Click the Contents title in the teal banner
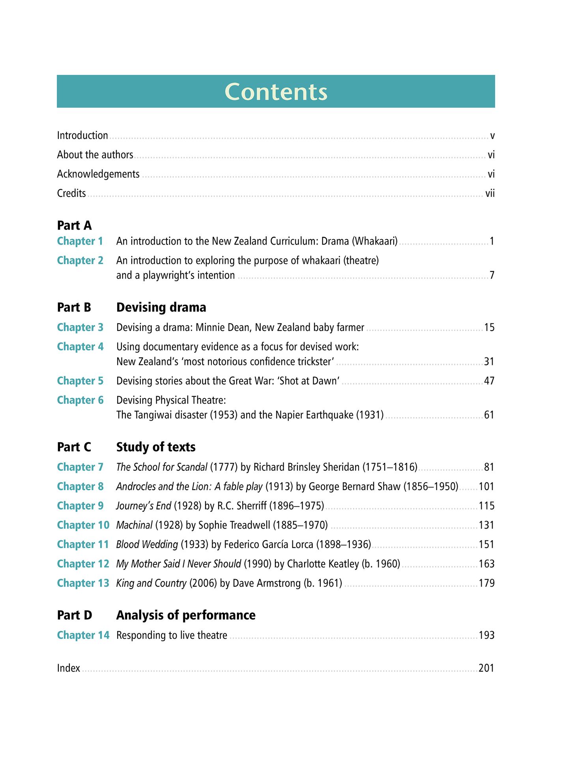coord(276,92)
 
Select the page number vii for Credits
coord(490,194)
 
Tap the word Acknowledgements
coord(98,174)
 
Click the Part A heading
coord(74,226)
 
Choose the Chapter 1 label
coord(80,241)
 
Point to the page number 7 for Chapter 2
coord(492,275)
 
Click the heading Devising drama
coord(161,307)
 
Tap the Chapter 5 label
coord(80,381)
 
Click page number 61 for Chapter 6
coord(489,415)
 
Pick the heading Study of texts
coord(156,447)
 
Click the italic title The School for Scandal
coord(162,467)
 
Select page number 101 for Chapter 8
coord(486,486)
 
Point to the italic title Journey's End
coord(144,506)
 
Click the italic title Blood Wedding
coord(147,544)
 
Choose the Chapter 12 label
coord(83,564)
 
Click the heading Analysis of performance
coord(186,615)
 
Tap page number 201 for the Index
coord(486,668)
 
